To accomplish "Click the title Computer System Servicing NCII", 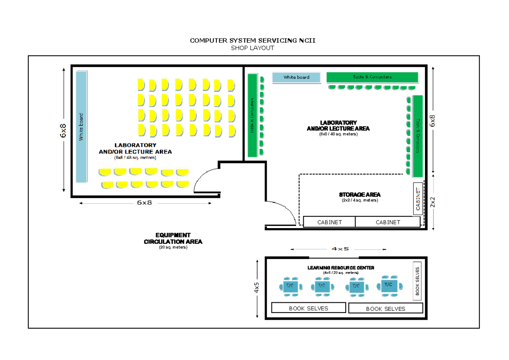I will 252,41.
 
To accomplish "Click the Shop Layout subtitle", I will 252,48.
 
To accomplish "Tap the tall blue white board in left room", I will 81,126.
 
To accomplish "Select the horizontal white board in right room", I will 296,77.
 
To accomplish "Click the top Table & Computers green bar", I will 372,77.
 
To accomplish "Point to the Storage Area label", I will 360,195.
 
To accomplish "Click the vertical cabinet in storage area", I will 418,199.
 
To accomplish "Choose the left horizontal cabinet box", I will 330,222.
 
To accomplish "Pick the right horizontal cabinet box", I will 388,222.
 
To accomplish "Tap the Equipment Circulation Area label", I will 173,238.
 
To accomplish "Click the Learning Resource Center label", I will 341,268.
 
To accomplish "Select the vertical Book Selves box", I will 417,281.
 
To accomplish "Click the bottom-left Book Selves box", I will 308,308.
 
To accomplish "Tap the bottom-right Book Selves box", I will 386,309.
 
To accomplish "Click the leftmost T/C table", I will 290,285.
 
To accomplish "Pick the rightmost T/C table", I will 389,285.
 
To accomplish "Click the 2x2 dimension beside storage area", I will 433,201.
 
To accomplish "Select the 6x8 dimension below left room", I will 144,203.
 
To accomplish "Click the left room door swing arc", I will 204,178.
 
